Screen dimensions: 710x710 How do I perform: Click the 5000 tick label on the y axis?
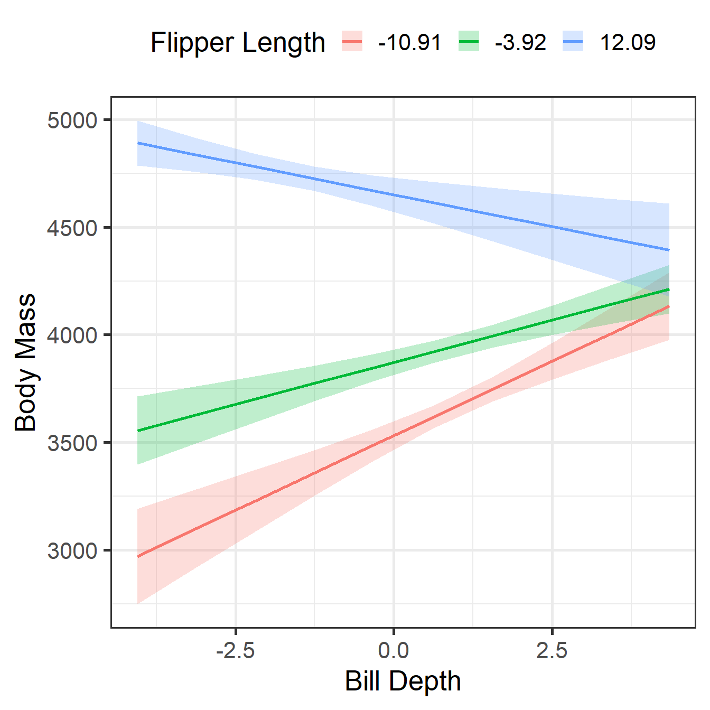(x=72, y=120)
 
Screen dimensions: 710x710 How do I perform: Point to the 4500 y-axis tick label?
(x=72, y=228)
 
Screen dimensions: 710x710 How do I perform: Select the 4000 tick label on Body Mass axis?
(x=72, y=335)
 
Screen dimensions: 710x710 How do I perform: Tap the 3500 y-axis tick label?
(x=72, y=443)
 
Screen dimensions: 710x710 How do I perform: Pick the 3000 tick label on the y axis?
(x=72, y=550)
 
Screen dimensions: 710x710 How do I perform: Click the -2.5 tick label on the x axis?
(x=236, y=651)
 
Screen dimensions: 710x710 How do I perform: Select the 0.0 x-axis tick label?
(x=394, y=651)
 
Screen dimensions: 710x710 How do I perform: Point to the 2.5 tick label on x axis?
(x=552, y=651)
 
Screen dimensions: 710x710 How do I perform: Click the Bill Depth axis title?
(x=403, y=681)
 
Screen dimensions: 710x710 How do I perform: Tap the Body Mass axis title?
(x=25, y=362)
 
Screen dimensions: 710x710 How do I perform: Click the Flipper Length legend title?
(x=237, y=42)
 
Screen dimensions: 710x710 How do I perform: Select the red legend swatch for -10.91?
(x=352, y=41)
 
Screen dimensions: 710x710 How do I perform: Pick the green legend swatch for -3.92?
(x=469, y=41)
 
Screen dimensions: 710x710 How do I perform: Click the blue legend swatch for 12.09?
(x=573, y=41)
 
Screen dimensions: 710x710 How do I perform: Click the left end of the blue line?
(x=138, y=143)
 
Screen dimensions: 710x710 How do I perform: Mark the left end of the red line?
(x=138, y=556)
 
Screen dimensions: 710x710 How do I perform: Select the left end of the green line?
(x=138, y=431)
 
